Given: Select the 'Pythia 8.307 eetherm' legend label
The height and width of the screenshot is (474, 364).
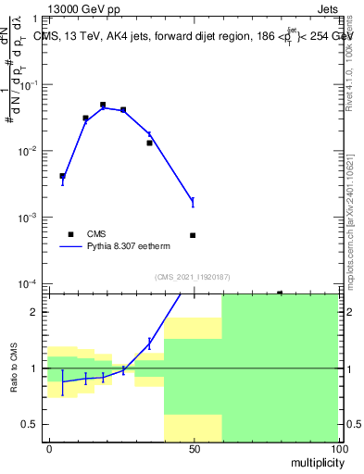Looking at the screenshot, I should pos(131,247).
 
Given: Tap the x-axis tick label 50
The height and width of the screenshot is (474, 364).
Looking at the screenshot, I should pos(194,448).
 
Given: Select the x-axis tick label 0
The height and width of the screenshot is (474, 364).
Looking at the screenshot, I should pos(49,448).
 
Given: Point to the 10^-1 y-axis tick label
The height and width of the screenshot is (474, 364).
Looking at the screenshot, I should pos(31,85).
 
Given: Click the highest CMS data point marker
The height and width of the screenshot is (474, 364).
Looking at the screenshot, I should pos(103,106).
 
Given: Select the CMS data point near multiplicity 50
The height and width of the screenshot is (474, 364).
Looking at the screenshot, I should pos(193,235).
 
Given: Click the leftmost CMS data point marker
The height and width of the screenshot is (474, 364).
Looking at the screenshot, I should pos(62,176).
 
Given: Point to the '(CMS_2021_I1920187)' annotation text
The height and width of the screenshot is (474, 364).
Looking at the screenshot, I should pos(193,276).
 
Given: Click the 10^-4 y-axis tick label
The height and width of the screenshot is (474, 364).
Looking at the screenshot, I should pos(31,283).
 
